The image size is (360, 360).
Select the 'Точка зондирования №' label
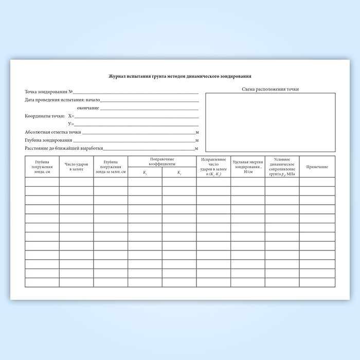pyautogui.click(x=49, y=92)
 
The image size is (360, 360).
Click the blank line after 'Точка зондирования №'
pyautogui.click(x=136, y=93)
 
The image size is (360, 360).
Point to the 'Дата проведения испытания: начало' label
pyautogui.click(x=62, y=99)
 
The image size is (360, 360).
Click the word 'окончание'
pyautogui.click(x=88, y=108)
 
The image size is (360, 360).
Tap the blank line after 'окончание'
pyautogui.click(x=149, y=109)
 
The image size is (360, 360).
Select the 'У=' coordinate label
pyautogui.click(x=71, y=124)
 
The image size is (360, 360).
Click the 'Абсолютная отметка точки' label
pyautogui.click(x=53, y=132)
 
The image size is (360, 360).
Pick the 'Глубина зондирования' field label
pyautogui.click(x=48, y=140)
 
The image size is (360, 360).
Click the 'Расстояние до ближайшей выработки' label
pyautogui.click(x=64, y=148)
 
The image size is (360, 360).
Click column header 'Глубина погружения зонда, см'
pyautogui.click(x=42, y=167)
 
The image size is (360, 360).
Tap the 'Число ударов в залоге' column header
pyautogui.click(x=76, y=167)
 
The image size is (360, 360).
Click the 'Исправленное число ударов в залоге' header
pyautogui.click(x=213, y=167)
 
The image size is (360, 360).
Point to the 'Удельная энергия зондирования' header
pyautogui.click(x=248, y=167)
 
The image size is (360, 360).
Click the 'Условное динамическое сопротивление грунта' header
pyautogui.click(x=282, y=167)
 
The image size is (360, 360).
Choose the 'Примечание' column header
pyautogui.click(x=317, y=167)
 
